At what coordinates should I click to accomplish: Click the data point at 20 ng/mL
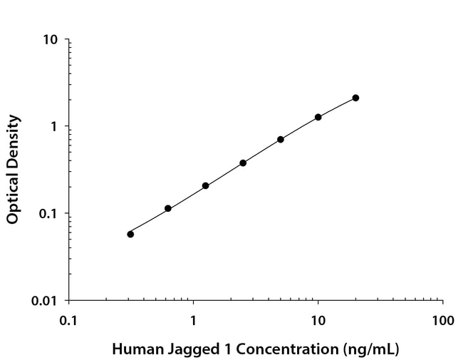[355, 98]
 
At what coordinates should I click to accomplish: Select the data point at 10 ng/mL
[318, 117]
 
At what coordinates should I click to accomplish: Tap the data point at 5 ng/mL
[281, 139]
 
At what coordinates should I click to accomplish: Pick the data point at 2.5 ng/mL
[243, 163]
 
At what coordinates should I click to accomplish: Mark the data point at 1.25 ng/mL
[205, 185]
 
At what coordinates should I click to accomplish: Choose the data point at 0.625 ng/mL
[168, 208]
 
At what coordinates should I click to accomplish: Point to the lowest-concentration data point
[130, 234]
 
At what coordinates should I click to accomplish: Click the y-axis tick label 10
[51, 39]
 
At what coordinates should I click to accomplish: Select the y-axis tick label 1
[55, 126]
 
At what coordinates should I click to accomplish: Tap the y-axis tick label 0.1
[48, 214]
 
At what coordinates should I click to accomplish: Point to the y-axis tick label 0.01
[45, 301]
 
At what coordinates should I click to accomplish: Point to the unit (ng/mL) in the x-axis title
[370, 350]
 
